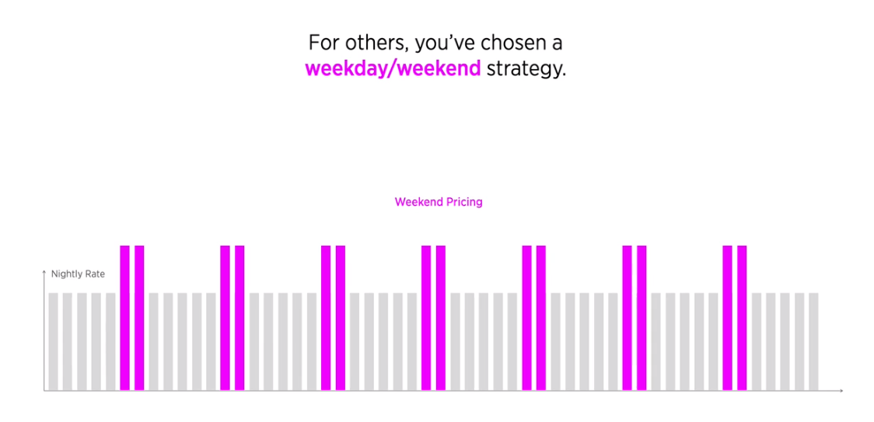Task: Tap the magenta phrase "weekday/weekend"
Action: click(393, 68)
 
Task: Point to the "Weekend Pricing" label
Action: click(438, 202)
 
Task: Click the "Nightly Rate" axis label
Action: click(78, 274)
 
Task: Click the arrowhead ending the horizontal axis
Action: click(841, 391)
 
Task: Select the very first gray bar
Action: click(53, 341)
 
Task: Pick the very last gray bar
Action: click(813, 341)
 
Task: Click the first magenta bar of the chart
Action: click(125, 318)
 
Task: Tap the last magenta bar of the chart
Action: click(742, 318)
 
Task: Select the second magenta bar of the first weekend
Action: click(139, 318)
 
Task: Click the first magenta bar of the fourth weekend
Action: click(426, 318)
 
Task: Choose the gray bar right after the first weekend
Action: click(154, 341)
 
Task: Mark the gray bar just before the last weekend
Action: click(713, 341)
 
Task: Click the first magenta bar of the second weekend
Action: click(225, 318)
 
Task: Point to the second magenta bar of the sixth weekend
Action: click(642, 318)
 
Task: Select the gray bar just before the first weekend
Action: click(110, 341)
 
